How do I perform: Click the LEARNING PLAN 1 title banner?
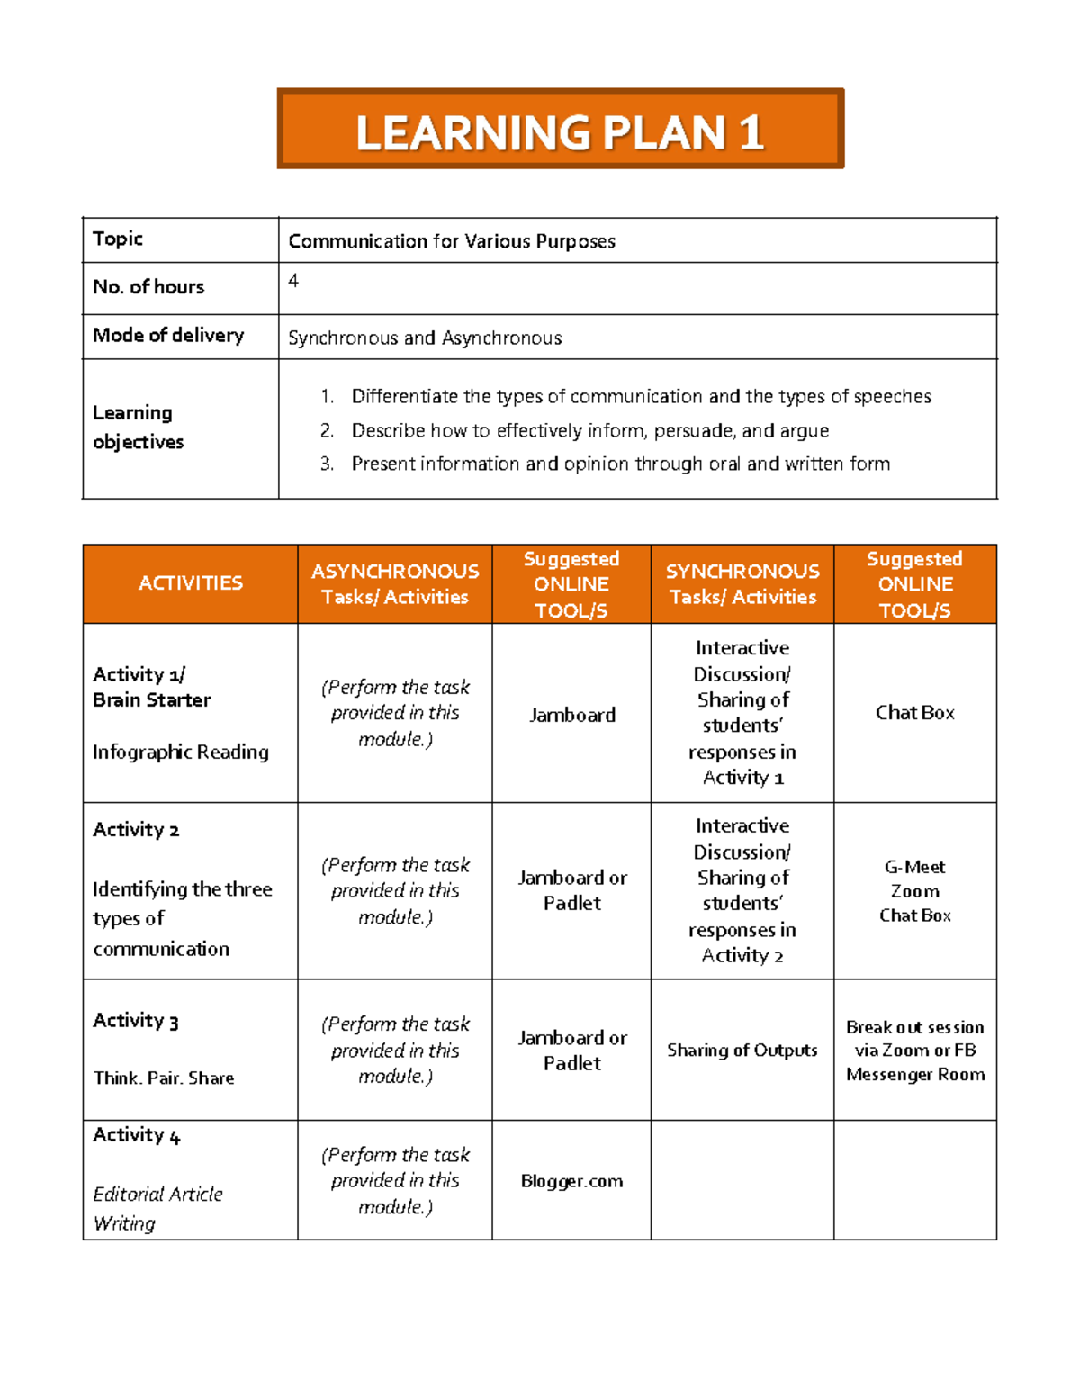[560, 130]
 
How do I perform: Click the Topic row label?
[118, 239]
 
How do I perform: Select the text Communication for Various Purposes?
[452, 241]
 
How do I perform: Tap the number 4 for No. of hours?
[293, 281]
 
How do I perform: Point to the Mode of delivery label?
[168, 335]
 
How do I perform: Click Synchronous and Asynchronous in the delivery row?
[425, 338]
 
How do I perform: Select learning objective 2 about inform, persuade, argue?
[589, 430]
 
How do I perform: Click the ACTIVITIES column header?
[190, 583]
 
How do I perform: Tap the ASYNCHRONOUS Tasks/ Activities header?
[395, 583]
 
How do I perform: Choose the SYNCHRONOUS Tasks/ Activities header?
[742, 583]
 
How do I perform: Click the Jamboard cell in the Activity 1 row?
[572, 715]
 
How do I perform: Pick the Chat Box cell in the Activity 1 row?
[914, 713]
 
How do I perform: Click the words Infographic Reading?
[181, 752]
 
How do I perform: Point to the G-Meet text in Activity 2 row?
[914, 867]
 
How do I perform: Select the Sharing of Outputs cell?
[742, 1050]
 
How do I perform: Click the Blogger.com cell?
[572, 1181]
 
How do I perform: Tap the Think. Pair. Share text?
[164, 1078]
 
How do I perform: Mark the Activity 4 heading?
[137, 1135]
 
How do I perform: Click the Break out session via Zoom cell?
[915, 1051]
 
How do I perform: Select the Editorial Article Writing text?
[157, 1208]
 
